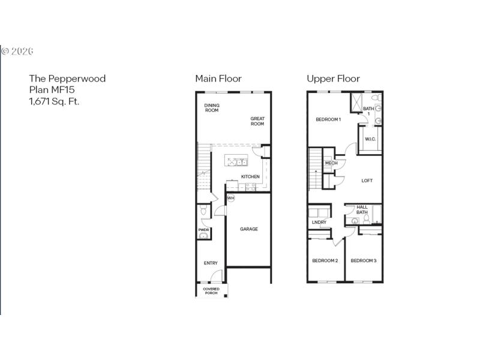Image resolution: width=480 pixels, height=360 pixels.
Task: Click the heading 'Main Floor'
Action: click(x=218, y=79)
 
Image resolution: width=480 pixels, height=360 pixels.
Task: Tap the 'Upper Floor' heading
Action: click(x=333, y=79)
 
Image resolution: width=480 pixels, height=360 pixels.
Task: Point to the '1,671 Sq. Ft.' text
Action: click(x=54, y=101)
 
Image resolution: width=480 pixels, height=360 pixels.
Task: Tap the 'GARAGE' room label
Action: click(x=249, y=229)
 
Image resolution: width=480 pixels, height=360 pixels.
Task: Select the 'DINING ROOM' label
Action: click(x=212, y=108)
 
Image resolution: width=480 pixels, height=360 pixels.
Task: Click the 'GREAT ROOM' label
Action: click(x=257, y=121)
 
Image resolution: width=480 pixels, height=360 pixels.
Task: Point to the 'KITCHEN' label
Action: click(x=250, y=176)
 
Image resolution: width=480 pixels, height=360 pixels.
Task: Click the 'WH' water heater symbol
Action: click(x=230, y=198)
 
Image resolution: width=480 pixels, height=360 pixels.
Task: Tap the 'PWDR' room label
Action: click(x=203, y=229)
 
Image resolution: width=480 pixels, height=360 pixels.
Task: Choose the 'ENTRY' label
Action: click(x=210, y=263)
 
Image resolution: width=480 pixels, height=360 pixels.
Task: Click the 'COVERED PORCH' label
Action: click(x=211, y=291)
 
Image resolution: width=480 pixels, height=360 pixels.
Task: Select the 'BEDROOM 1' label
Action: click(x=328, y=119)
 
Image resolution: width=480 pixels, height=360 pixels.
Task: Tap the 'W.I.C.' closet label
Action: click(x=370, y=140)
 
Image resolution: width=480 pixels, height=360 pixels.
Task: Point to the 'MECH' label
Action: click(x=331, y=163)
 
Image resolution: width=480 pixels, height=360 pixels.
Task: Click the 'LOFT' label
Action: click(x=367, y=181)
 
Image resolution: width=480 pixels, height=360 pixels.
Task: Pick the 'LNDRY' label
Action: click(x=319, y=223)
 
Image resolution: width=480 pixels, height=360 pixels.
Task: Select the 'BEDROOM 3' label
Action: click(x=364, y=260)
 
